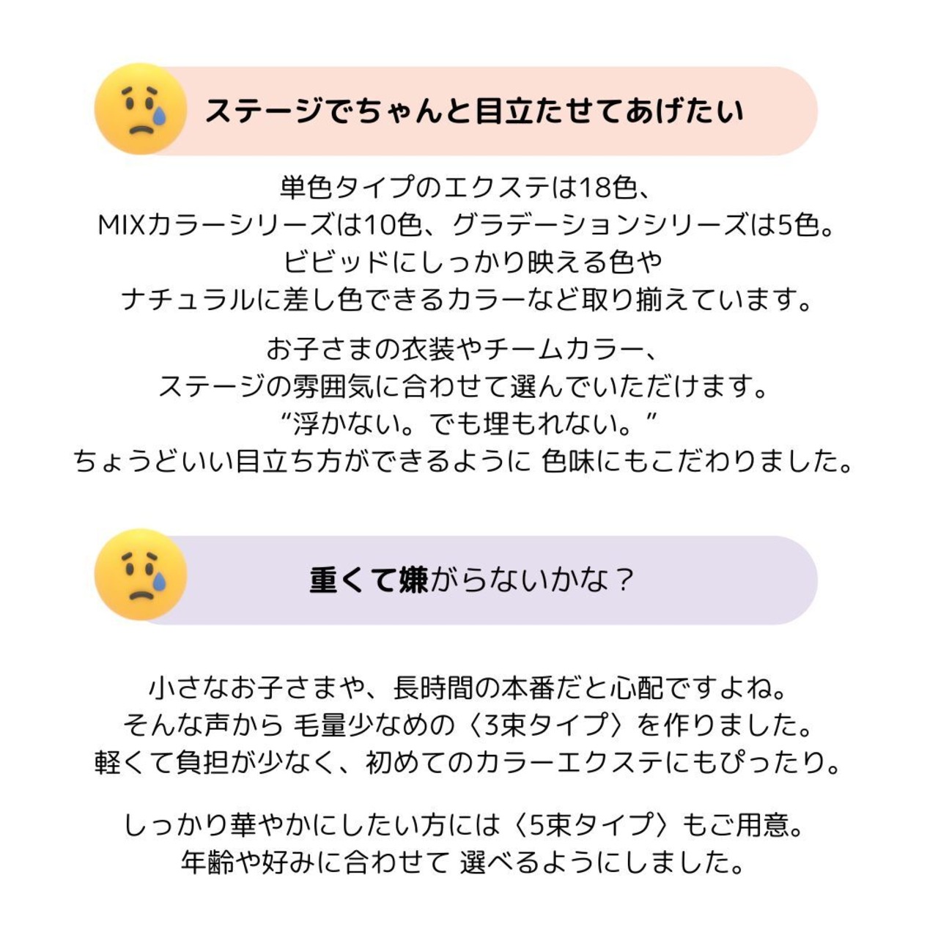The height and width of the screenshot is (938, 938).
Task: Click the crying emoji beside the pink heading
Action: pyautogui.click(x=140, y=109)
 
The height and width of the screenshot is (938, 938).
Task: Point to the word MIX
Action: pyautogui.click(x=122, y=225)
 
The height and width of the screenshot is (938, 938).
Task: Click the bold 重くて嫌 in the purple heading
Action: pyautogui.click(x=369, y=580)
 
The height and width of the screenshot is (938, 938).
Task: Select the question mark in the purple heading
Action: pyautogui.click(x=623, y=580)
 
